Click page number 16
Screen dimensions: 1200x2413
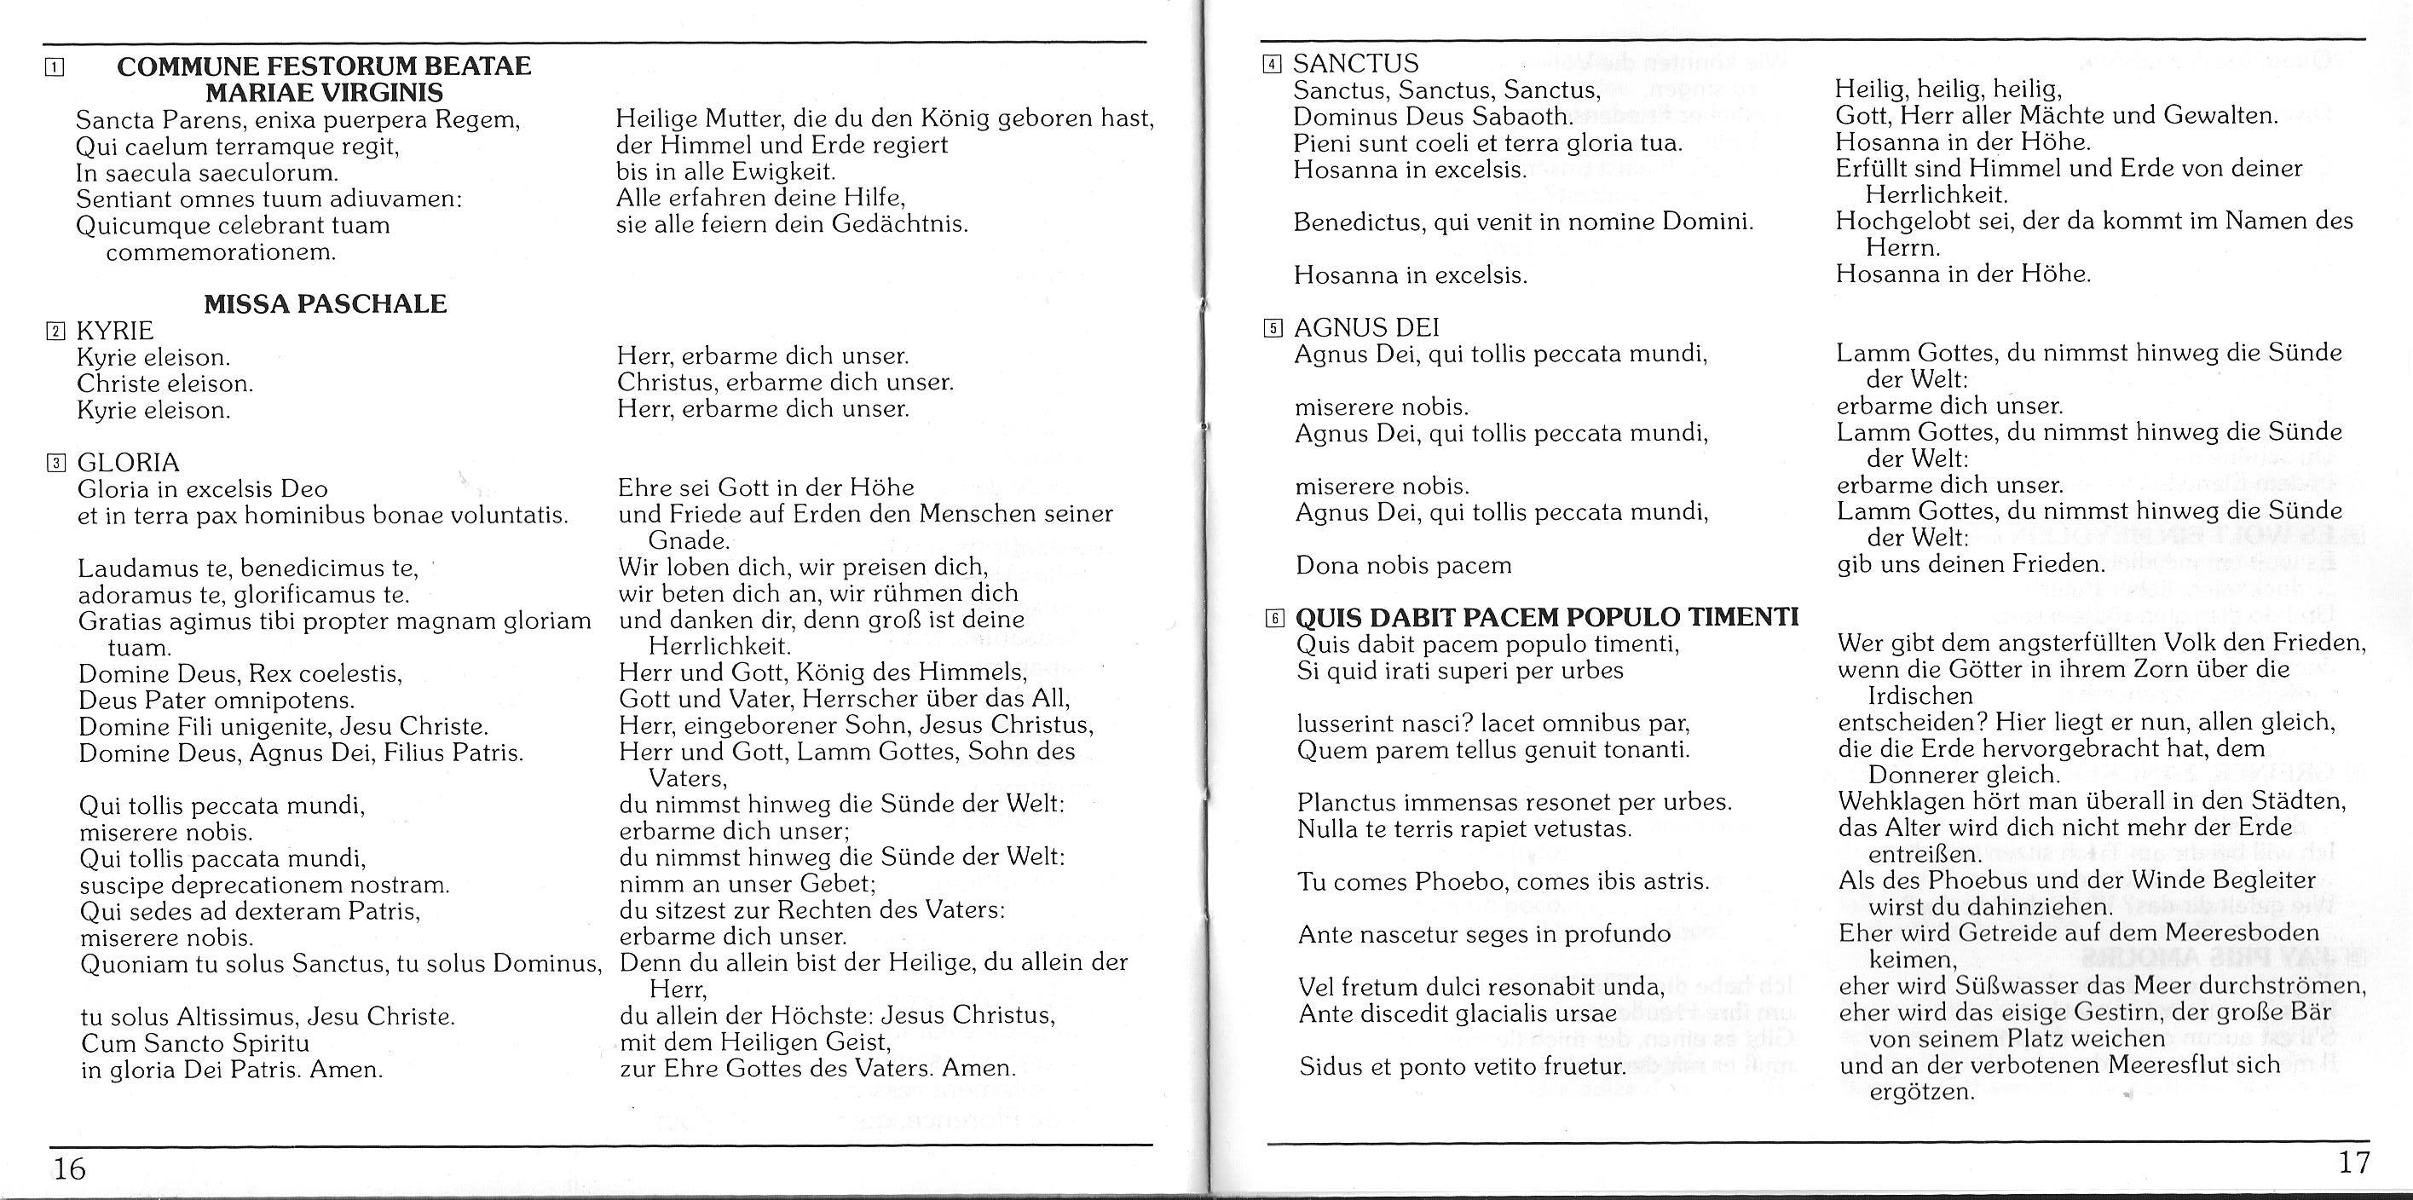coord(69,1168)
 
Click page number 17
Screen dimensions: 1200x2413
coord(2354,1162)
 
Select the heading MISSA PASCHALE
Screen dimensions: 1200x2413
coord(325,303)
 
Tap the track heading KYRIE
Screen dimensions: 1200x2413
coord(115,331)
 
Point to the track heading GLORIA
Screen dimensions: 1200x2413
coord(129,462)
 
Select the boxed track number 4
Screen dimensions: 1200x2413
coord(1271,65)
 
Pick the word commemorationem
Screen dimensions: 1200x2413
coord(220,252)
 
